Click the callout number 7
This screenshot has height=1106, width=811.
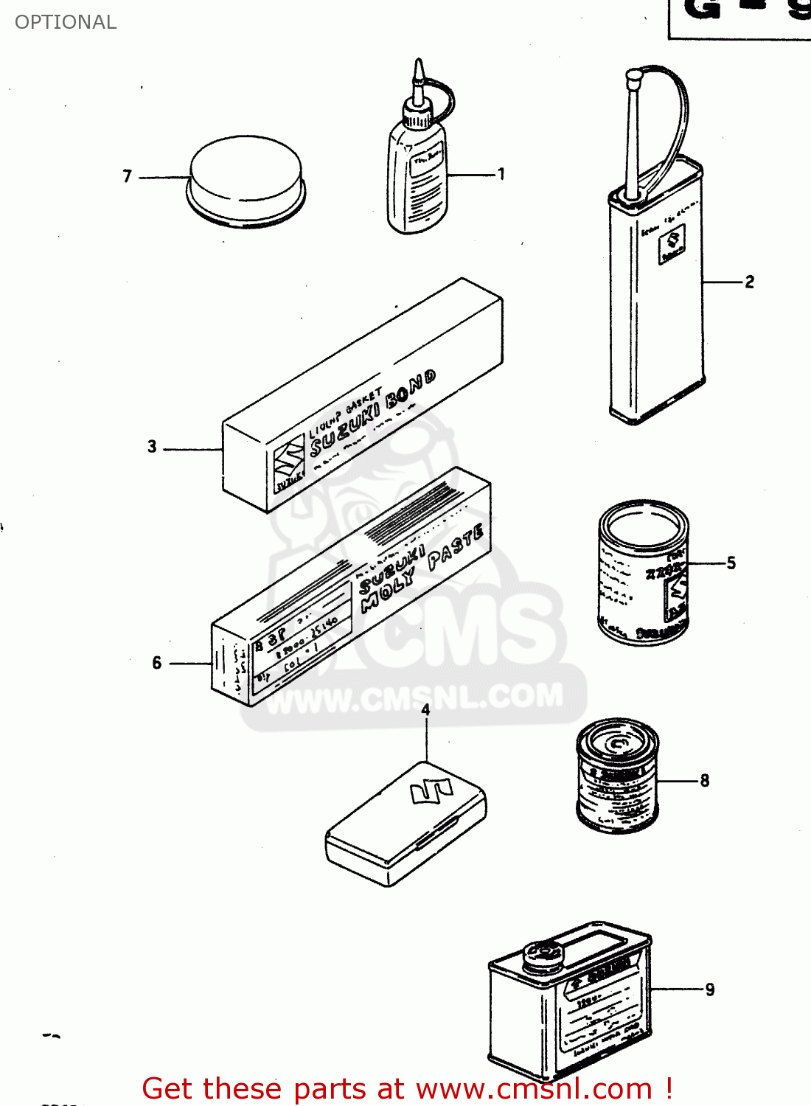point(127,176)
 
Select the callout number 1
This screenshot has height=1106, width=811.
point(501,174)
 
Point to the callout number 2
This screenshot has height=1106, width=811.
point(749,282)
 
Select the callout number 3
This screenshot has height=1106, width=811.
point(152,446)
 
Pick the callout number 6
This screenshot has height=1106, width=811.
point(156,663)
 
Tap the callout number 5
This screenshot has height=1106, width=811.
point(731,563)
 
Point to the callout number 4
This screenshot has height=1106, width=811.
point(425,709)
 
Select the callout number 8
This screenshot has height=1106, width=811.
point(704,780)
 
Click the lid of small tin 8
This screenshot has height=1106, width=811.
point(617,740)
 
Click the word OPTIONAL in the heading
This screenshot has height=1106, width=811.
point(66,22)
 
